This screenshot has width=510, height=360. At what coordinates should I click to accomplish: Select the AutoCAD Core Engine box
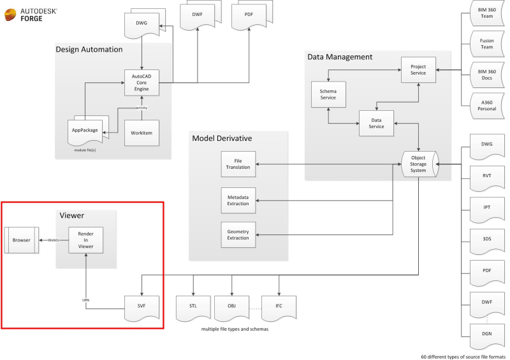click(x=141, y=83)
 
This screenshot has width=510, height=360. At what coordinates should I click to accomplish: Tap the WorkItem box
click(x=141, y=133)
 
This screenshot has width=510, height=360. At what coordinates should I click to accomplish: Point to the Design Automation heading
click(x=89, y=49)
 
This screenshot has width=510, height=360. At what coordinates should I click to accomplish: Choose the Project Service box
click(x=418, y=70)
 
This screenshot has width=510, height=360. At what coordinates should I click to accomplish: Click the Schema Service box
click(x=328, y=94)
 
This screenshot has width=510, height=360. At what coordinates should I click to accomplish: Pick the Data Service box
click(x=375, y=123)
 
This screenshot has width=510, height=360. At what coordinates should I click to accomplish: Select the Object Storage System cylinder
click(x=418, y=164)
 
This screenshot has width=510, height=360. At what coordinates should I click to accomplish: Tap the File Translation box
click(x=238, y=164)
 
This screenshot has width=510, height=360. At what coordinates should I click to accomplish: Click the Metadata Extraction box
click(x=238, y=200)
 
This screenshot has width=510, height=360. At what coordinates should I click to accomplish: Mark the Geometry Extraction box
click(x=238, y=235)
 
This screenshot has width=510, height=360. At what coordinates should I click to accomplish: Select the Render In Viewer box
click(x=85, y=240)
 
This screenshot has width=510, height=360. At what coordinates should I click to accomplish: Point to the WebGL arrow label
click(x=54, y=240)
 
